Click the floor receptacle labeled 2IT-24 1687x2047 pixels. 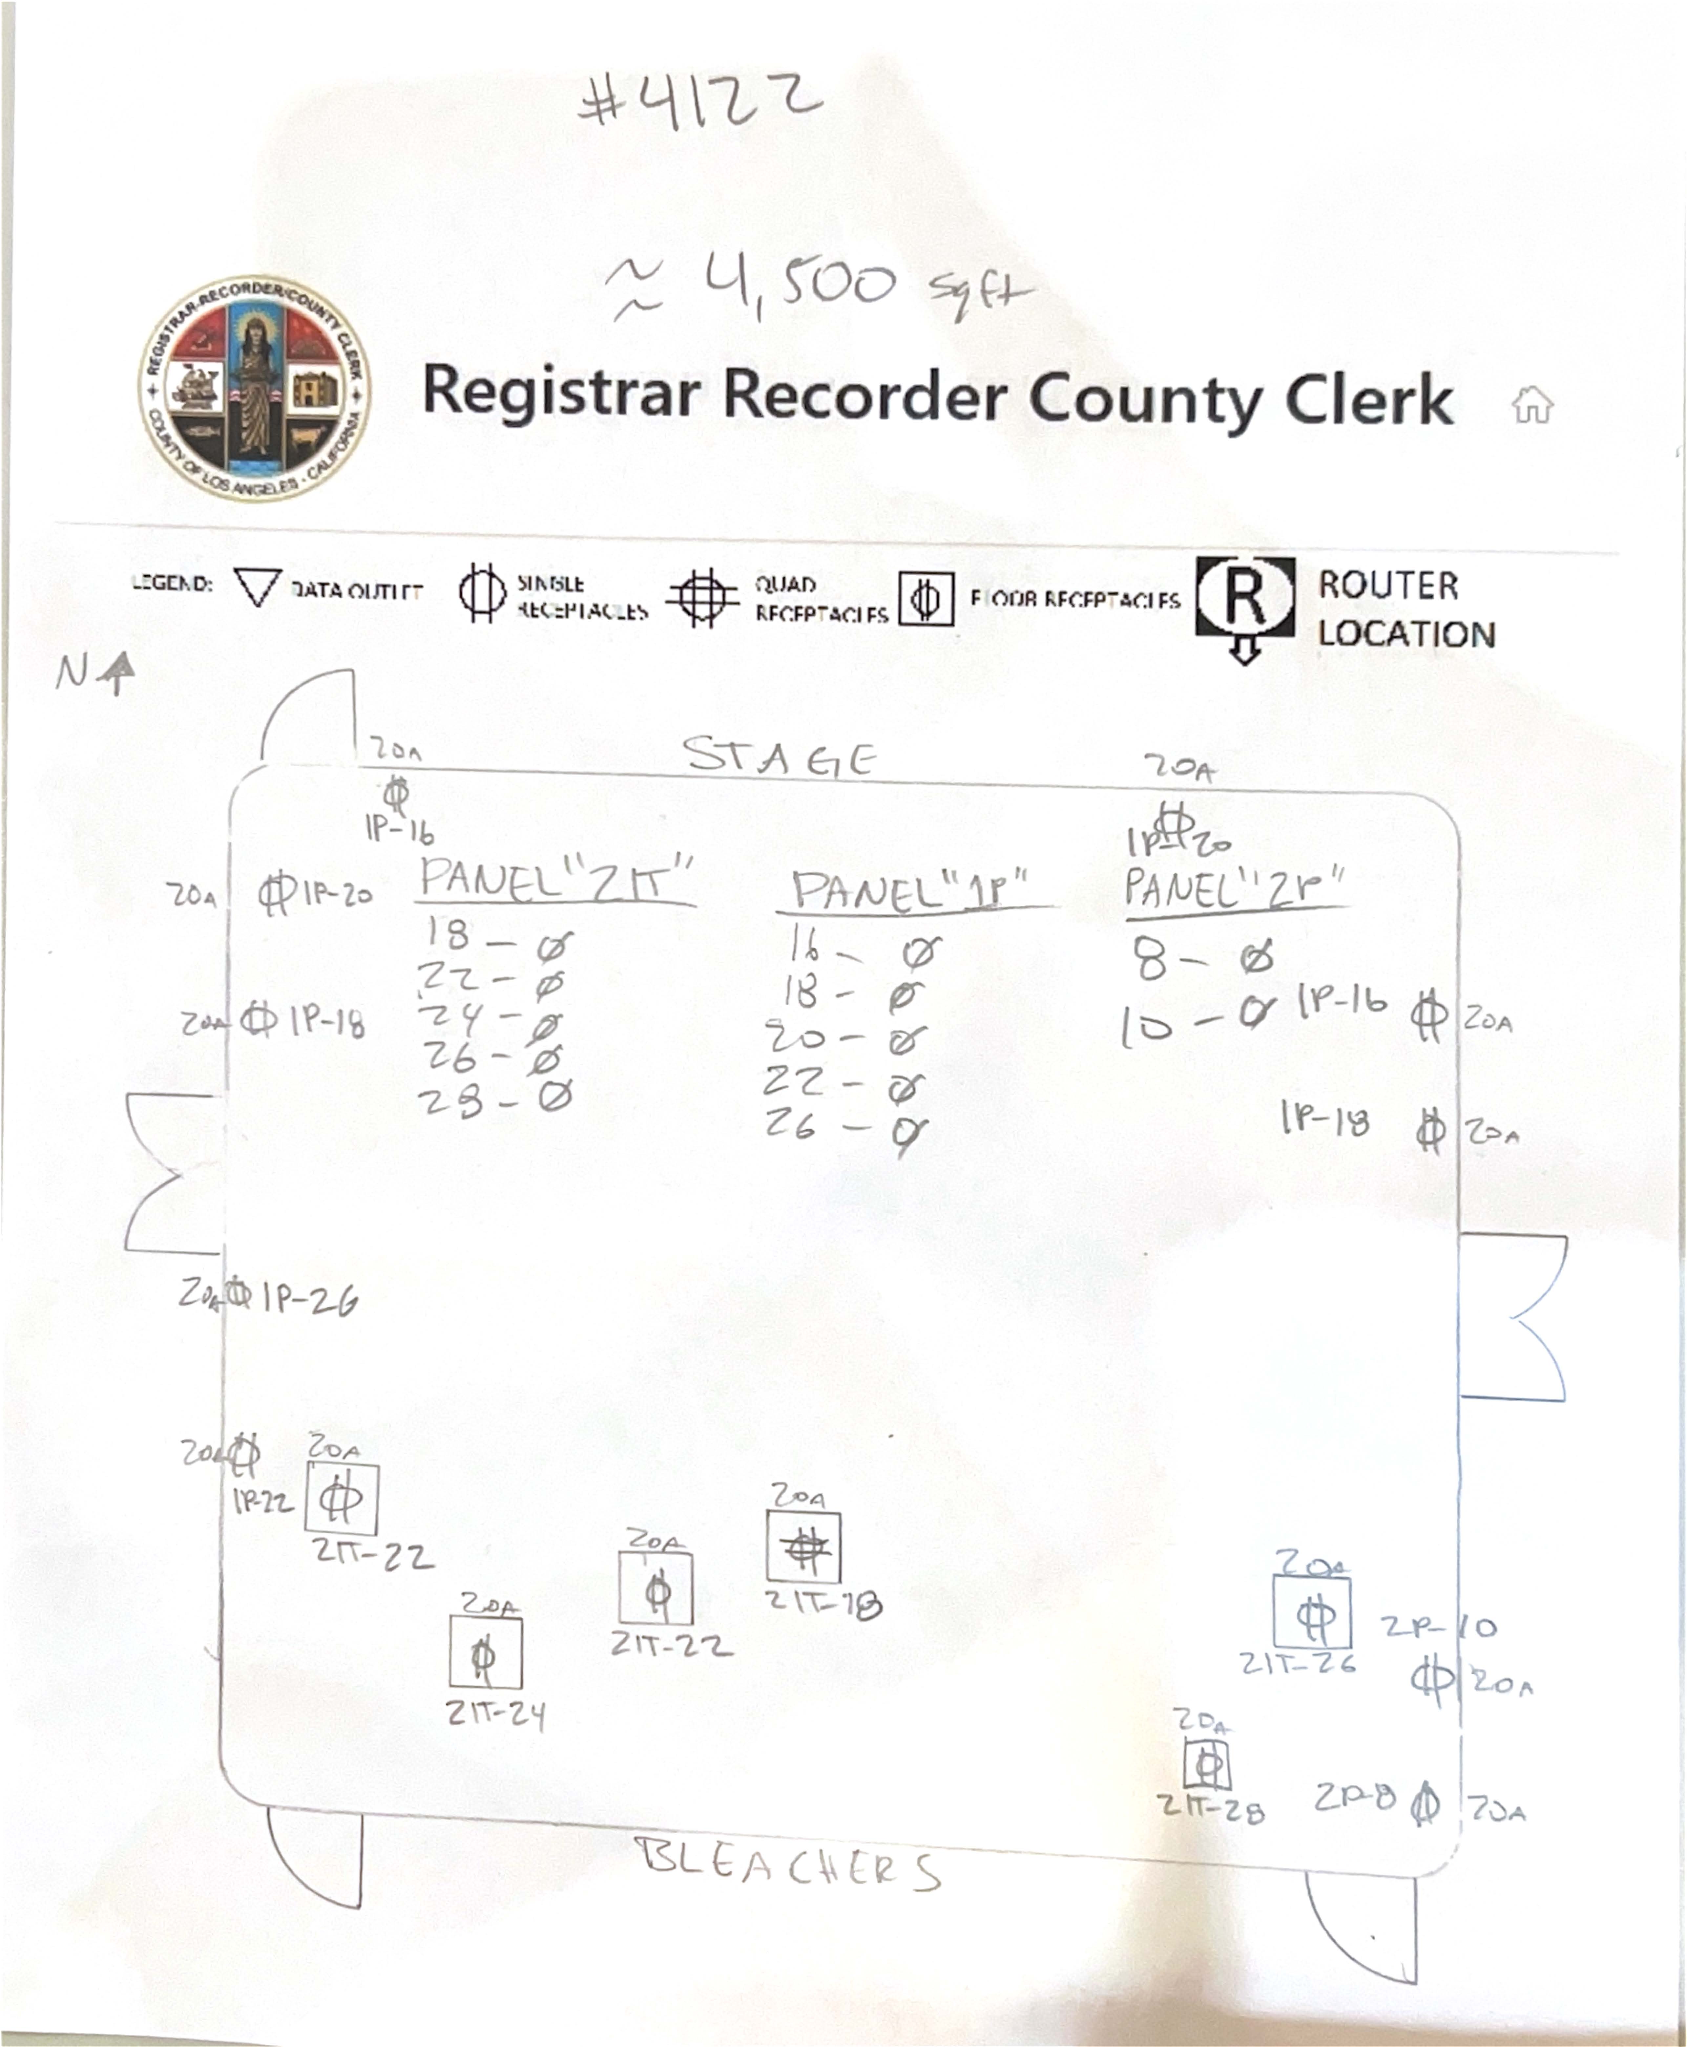485,1653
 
